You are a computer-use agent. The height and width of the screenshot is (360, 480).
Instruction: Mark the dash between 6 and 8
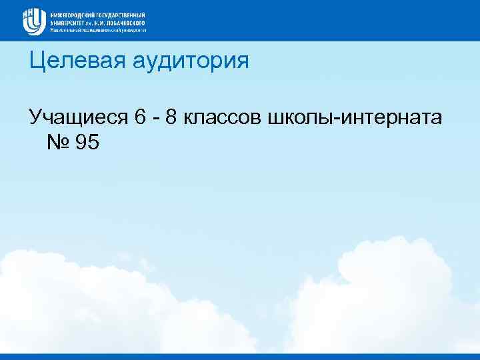155,119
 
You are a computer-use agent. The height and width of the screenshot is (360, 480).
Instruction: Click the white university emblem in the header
33,20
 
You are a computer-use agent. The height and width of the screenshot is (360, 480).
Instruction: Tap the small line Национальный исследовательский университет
97,30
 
